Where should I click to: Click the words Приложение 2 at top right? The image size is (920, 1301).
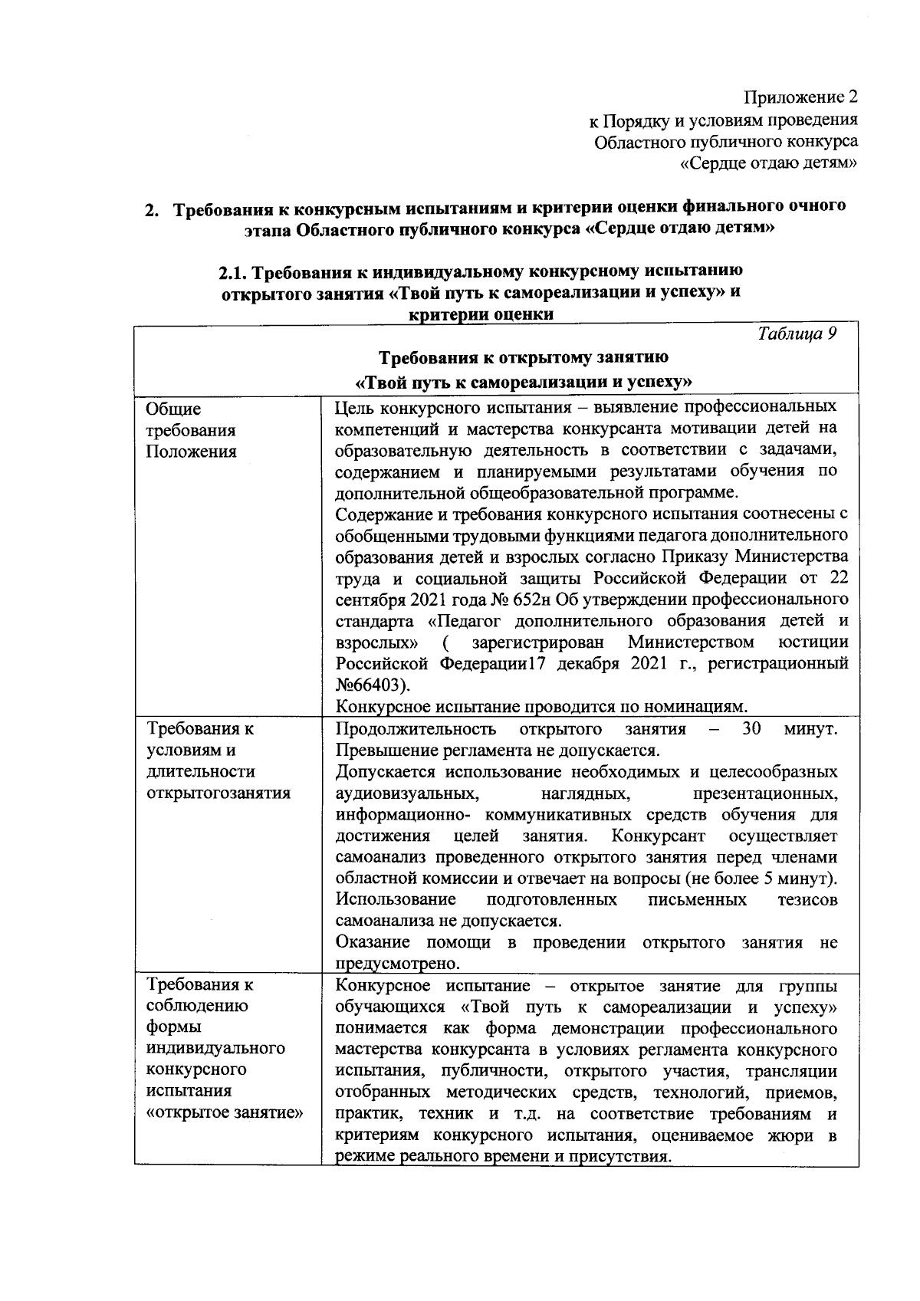pos(800,98)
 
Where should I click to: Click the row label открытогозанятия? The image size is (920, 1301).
pos(219,793)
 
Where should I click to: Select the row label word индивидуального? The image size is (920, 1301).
pos(215,1048)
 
